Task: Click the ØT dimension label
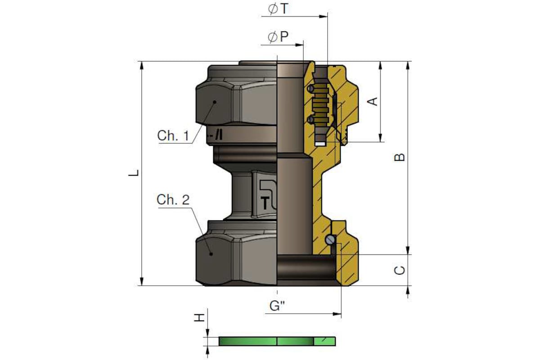pos(278,9)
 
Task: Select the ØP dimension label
pos(278,37)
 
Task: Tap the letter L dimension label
pos(134,173)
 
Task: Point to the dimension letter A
pos(373,102)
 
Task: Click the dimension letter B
pos(400,157)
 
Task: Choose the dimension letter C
pos(400,270)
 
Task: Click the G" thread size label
pos(277,306)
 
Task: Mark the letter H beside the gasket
pos(199,318)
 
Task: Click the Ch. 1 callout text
pos(173,135)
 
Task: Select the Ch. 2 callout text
pos(173,200)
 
